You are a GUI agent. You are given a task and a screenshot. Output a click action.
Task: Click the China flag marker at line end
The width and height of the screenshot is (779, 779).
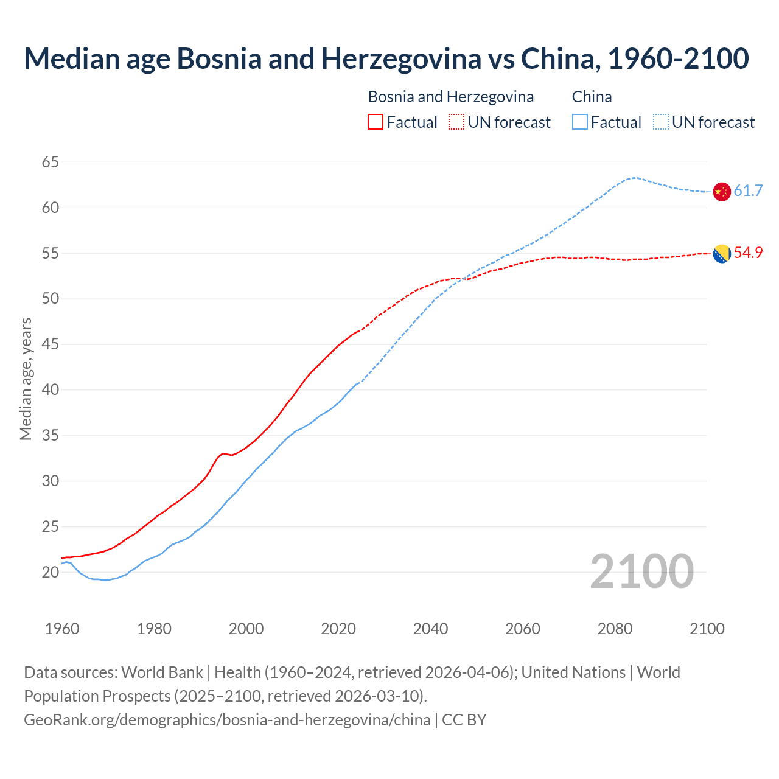point(721,191)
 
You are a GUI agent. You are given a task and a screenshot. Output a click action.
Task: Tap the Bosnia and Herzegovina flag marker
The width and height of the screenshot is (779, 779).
point(721,253)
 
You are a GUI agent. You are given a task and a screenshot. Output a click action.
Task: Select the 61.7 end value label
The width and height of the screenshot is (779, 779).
point(748,191)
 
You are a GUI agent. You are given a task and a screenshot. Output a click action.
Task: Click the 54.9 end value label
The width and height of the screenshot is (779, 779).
point(748,253)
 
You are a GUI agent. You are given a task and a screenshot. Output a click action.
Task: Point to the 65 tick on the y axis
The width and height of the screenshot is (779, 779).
point(51,162)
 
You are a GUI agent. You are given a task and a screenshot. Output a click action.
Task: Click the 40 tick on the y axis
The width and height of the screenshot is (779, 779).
point(51,389)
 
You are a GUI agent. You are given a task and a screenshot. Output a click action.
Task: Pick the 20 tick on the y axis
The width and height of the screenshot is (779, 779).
point(51,572)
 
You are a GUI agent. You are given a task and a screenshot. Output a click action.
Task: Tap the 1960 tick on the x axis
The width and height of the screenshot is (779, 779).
point(62,629)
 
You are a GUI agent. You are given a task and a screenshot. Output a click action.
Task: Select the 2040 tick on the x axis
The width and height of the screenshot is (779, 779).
point(430,629)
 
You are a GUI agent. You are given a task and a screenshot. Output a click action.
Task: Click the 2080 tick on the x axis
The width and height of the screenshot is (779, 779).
point(615,629)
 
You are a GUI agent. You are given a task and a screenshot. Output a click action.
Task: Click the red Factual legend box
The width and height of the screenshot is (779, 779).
point(376,122)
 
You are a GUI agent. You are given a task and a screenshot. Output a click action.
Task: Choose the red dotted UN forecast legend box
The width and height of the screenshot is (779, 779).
point(456,122)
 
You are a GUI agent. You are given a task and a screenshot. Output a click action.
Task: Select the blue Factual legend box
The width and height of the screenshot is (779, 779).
point(580,122)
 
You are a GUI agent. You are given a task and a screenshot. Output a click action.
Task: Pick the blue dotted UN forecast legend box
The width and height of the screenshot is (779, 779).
point(660,122)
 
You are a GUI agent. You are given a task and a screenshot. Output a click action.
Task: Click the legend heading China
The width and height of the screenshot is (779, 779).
point(592,97)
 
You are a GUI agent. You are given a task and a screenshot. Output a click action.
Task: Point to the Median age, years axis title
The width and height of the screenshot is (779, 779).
point(26,379)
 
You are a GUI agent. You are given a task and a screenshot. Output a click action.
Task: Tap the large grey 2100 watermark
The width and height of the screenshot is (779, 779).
point(641,571)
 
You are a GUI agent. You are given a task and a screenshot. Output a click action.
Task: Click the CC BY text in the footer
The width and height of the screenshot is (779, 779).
point(464,719)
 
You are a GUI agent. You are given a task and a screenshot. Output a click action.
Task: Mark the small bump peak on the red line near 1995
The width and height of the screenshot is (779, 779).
point(223,453)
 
